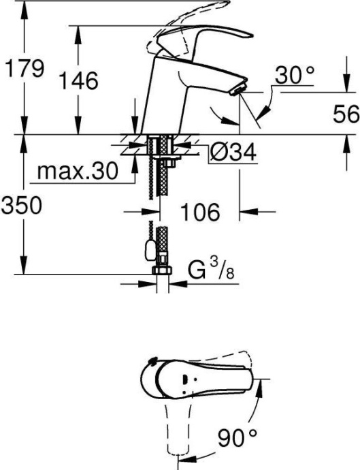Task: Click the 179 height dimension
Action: click(24, 68)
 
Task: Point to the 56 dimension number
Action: click(346, 115)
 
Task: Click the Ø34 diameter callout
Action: click(232, 153)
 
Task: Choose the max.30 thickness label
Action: click(76, 170)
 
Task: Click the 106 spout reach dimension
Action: click(201, 213)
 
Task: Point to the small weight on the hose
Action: click(146, 251)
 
